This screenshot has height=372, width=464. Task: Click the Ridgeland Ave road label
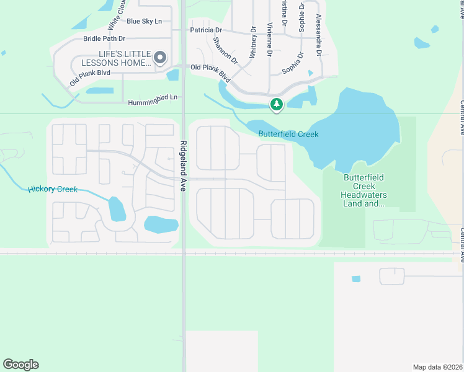tap(183, 168)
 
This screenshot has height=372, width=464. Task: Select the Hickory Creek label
tap(53, 189)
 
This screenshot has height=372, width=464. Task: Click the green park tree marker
tap(277, 105)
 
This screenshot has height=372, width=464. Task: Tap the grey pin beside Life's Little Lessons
tap(160, 58)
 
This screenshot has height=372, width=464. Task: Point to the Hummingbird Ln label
tap(153, 97)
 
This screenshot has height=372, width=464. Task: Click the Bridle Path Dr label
tap(104, 38)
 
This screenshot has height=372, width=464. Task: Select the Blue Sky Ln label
tap(144, 21)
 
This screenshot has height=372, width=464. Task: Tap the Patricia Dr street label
tap(206, 30)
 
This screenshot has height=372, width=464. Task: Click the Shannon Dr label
tap(225, 51)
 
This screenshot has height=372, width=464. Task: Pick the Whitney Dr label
tap(253, 42)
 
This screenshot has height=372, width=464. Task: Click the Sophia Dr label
tap(293, 63)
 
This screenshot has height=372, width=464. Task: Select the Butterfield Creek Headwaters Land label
tap(365, 190)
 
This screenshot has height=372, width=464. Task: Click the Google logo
tap(20, 365)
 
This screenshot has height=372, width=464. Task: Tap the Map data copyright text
tap(438, 367)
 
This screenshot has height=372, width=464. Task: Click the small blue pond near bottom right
tap(355, 279)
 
